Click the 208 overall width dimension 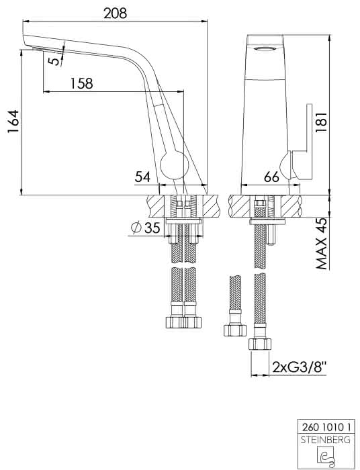click(116, 13)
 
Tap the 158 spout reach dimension click(81, 83)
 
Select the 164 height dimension click(13, 122)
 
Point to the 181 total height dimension click(321, 124)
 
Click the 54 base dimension click(142, 177)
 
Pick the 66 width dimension click(271, 177)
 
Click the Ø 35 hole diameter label click(146, 228)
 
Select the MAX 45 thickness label click(321, 244)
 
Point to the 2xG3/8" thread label click(299, 367)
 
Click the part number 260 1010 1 click(326, 426)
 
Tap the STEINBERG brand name click(326, 440)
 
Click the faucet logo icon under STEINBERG click(326, 456)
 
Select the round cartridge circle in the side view click(175, 165)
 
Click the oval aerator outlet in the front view click(265, 49)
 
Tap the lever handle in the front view click(302, 142)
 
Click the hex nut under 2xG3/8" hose click(260, 344)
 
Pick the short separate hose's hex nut click(235, 330)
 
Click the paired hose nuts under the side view click(183, 322)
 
